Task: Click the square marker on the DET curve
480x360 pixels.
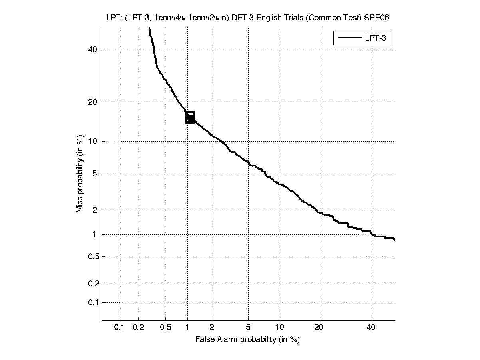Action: pos(190,118)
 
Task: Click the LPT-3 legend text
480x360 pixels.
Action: pos(375,38)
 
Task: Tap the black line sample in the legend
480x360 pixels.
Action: pos(350,38)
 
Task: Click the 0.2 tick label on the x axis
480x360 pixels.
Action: pos(138,328)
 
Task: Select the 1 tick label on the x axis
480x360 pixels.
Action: pos(187,328)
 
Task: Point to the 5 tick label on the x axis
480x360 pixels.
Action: pos(248,328)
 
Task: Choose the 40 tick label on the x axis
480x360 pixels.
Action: pos(372,328)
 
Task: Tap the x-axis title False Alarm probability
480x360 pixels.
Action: pos(247,340)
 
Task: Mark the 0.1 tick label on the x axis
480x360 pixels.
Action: pos(120,328)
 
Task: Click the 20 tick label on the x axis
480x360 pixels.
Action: pos(319,328)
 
